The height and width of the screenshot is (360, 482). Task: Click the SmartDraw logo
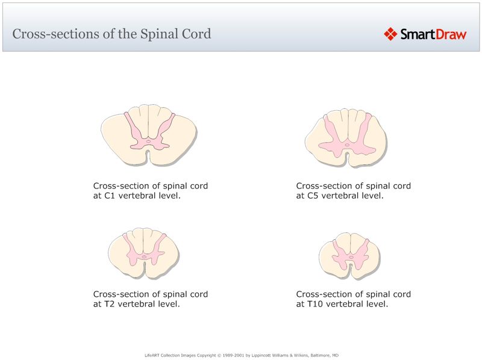[425, 34]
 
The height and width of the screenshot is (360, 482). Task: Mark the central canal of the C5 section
[346, 144]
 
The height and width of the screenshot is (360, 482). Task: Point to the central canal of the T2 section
[144, 257]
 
